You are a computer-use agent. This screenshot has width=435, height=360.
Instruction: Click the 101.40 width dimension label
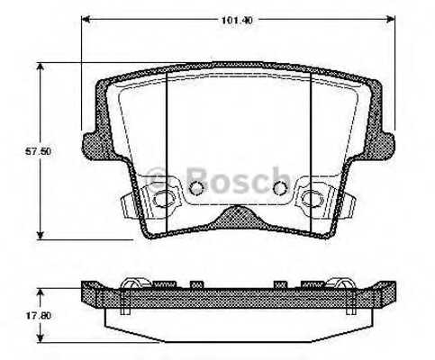point(239,16)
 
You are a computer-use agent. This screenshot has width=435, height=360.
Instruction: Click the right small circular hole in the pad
point(279,188)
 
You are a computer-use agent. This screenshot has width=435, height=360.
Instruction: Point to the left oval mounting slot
point(163,199)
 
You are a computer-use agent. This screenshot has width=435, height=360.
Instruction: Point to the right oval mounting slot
point(314,199)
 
